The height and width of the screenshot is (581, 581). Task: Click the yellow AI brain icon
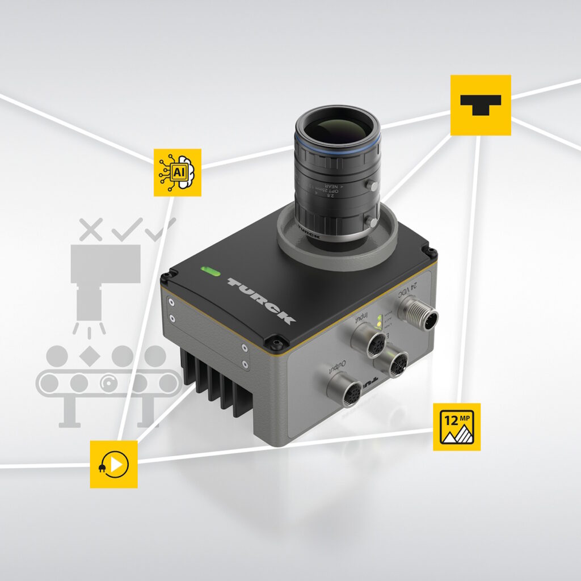pos(178,172)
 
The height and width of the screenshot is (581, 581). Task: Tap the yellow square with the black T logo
pos(481,105)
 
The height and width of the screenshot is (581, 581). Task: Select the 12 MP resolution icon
pos(457,427)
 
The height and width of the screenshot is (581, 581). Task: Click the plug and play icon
pos(113,464)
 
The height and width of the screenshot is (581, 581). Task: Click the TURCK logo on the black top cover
pos(261,300)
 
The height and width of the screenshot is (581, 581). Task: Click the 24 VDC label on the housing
pos(421,288)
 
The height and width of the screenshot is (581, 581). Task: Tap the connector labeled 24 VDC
pos(418,314)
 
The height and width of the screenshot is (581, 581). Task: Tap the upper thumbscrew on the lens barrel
pos(372,186)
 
